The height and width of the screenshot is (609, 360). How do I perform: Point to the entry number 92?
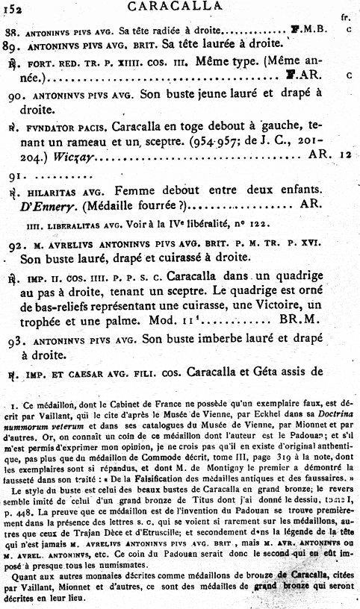(15, 244)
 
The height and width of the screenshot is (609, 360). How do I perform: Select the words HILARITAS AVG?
(58, 192)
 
